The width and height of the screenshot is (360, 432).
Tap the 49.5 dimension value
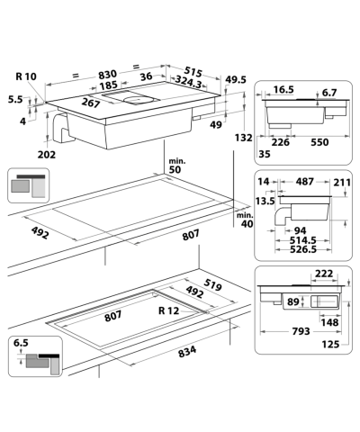click(235, 80)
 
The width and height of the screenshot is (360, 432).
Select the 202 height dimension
click(48, 154)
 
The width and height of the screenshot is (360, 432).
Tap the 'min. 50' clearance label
click(175, 165)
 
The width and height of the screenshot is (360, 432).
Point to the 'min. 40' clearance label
click(244, 220)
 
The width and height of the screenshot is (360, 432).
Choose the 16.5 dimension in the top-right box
click(285, 91)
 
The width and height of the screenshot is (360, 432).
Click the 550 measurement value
click(321, 140)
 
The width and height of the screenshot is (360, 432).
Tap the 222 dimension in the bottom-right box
click(325, 274)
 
